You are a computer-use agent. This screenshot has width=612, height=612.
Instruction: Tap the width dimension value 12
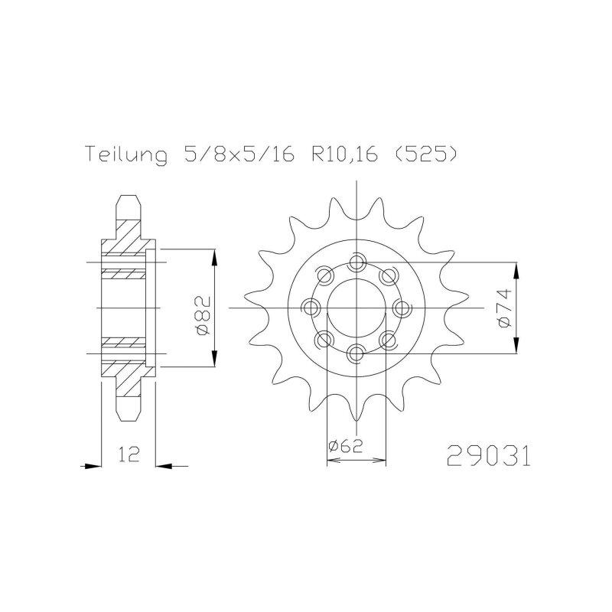pyautogui.click(x=129, y=457)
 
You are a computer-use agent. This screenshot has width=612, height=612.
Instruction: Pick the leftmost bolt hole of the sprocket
pyautogui.click(x=312, y=308)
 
